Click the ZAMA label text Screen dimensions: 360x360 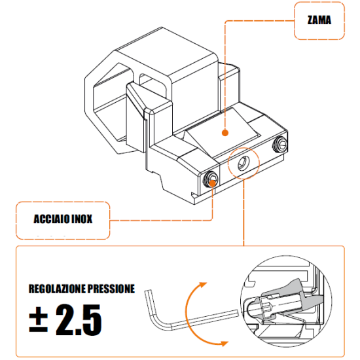pos(319,20)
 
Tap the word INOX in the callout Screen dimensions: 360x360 pos(82,219)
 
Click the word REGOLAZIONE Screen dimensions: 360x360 pos(57,289)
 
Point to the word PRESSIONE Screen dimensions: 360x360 pos(111,289)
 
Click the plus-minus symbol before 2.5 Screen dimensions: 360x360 pos(38,319)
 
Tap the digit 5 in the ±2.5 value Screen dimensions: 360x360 pos(92,320)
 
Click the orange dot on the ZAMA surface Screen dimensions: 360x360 pos(225,133)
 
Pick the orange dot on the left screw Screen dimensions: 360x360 pos(213,183)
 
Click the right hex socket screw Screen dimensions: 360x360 pos(280,145)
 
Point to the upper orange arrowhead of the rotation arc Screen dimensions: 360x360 pos(202,285)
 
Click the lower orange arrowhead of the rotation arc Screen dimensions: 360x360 pos(223,344)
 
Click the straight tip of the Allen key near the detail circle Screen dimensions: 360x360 pos(236,313)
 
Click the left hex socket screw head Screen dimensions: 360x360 pos(211,179)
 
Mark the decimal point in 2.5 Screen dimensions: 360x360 pos(79,331)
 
